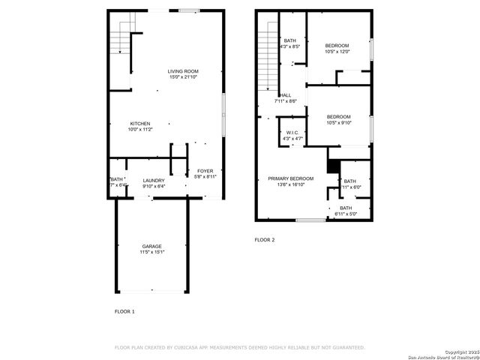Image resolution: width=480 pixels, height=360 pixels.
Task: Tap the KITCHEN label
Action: pyautogui.click(x=140, y=124)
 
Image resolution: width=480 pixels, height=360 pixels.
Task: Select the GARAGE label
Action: pyautogui.click(x=152, y=246)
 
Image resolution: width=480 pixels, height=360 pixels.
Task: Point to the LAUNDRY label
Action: pyautogui.click(x=154, y=181)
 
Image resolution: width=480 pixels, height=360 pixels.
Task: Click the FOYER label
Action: pyautogui.click(x=205, y=171)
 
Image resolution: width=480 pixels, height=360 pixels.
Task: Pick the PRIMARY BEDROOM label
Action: pyautogui.click(x=291, y=178)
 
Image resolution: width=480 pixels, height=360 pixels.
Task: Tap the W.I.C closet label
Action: pyautogui.click(x=292, y=133)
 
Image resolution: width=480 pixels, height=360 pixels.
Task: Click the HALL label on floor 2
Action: pyautogui.click(x=286, y=95)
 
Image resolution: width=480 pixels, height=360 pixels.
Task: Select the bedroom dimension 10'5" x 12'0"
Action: pyautogui.click(x=337, y=52)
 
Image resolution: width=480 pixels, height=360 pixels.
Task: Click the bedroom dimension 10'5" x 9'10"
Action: pyautogui.click(x=339, y=123)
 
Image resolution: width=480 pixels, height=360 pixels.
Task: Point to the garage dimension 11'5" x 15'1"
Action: pyautogui.click(x=152, y=253)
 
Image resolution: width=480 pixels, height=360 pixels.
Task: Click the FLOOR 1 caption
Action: pyautogui.click(x=124, y=310)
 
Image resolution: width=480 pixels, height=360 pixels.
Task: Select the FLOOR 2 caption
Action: pyautogui.click(x=265, y=240)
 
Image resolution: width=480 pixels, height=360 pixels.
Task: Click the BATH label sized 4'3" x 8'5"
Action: pyautogui.click(x=289, y=41)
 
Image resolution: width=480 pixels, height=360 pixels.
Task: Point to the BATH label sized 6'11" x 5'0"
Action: pyautogui.click(x=346, y=208)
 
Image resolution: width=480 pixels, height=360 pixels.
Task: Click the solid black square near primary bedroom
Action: pyautogui.click(x=334, y=166)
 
